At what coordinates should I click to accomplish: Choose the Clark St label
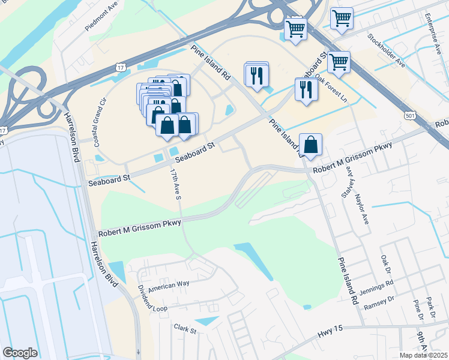(185, 328)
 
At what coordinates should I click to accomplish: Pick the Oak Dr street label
(384, 262)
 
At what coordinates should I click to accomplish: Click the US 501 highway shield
(410, 114)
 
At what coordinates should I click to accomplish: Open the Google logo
(20, 352)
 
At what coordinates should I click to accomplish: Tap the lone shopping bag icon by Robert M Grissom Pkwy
(310, 145)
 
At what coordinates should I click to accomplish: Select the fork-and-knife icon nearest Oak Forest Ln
(307, 89)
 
